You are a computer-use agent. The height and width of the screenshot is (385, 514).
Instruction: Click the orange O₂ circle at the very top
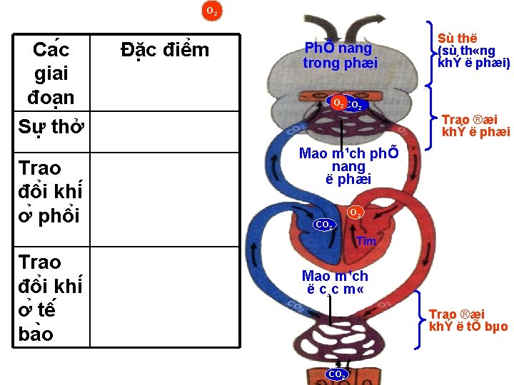[212, 11]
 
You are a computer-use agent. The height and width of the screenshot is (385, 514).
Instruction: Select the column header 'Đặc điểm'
[165, 50]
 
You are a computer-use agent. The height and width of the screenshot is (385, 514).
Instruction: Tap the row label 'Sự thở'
[51, 126]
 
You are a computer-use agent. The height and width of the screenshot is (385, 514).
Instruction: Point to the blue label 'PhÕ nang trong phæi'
[338, 56]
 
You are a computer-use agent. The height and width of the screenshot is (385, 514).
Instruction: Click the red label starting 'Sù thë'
[473, 51]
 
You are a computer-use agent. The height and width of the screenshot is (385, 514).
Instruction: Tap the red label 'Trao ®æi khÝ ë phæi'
[475, 125]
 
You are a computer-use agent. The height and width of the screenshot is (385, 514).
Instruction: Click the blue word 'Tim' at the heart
[366, 242]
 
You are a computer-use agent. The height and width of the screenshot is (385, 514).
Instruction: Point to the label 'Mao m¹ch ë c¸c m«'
[335, 282]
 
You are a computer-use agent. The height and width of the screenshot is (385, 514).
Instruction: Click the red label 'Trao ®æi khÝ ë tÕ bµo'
[468, 320]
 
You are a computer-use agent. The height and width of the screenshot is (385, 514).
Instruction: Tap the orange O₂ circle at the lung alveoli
[339, 103]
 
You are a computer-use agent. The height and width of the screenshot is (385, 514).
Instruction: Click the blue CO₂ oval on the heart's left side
[325, 225]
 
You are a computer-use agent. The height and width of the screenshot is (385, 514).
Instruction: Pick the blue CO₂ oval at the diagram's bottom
[337, 374]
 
